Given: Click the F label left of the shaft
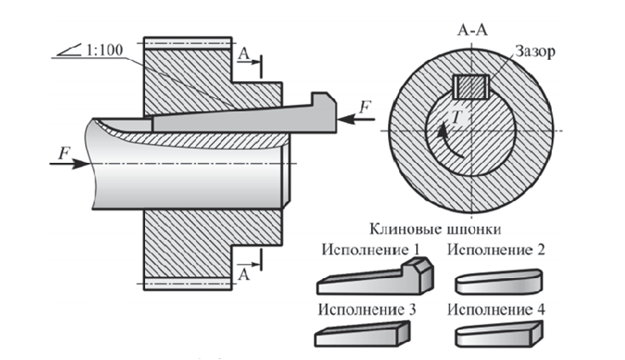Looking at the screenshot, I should click(x=64, y=152).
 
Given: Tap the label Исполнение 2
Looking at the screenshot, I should click(x=498, y=250).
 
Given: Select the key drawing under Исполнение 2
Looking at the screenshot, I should click(x=498, y=281).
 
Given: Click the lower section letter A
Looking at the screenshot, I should click(x=244, y=274).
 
